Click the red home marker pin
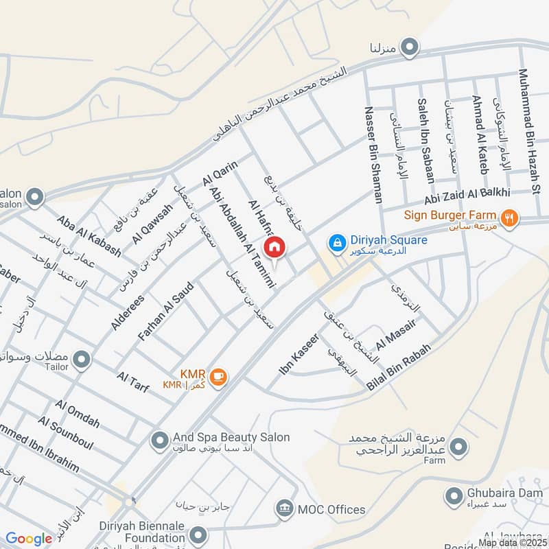click(274, 247)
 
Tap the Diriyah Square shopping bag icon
click(336, 242)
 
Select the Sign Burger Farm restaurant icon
click(509, 218)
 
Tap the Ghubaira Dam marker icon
click(453, 495)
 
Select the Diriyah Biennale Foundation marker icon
click(198, 534)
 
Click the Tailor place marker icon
click(82, 359)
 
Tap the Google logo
click(29, 539)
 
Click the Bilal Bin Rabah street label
click(399, 367)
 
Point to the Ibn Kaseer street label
click(299, 354)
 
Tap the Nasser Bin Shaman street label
click(373, 155)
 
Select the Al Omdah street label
click(78, 413)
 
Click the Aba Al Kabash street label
click(89, 237)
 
